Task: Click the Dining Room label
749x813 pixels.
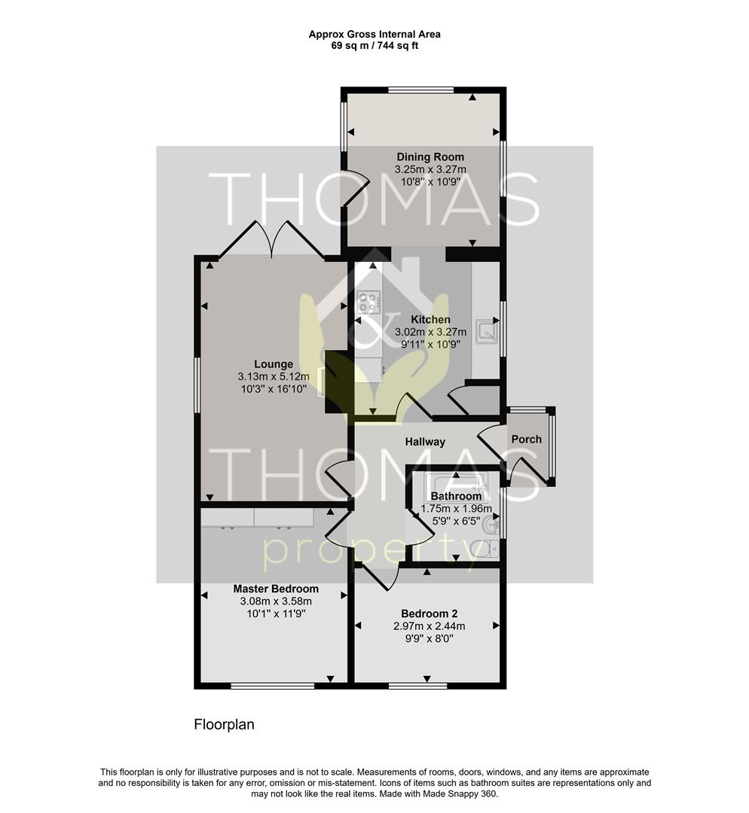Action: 430,157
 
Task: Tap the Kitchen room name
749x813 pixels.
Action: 430,319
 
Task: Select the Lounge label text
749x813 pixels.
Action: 274,364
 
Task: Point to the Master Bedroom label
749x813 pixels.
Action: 276,589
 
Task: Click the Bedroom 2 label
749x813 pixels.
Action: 430,614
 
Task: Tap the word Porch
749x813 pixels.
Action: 526,439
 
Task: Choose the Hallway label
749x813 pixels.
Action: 425,442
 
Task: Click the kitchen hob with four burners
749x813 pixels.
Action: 368,302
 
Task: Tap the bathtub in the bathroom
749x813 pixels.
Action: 456,483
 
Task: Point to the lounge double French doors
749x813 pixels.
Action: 271,239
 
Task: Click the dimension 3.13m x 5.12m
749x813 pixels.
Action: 274,376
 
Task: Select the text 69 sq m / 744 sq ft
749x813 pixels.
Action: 374,46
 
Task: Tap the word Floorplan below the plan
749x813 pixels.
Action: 225,724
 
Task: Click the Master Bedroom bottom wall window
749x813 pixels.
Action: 273,686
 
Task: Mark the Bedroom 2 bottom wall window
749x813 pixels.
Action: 418,686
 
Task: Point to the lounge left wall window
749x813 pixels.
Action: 197,385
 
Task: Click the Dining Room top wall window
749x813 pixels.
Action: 421,90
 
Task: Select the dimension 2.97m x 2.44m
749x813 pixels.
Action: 430,626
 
